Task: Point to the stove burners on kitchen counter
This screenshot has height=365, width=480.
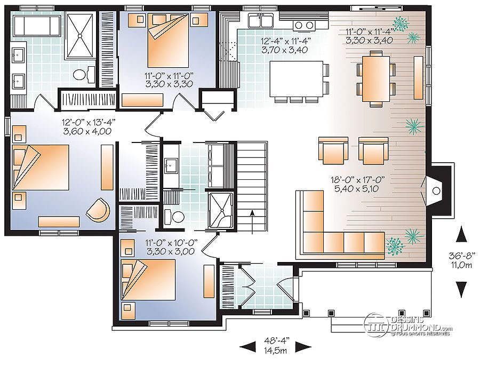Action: click(x=304, y=25)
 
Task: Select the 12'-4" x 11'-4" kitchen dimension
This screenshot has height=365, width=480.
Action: click(x=285, y=45)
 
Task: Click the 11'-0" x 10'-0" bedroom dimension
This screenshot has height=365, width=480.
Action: click(x=171, y=247)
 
